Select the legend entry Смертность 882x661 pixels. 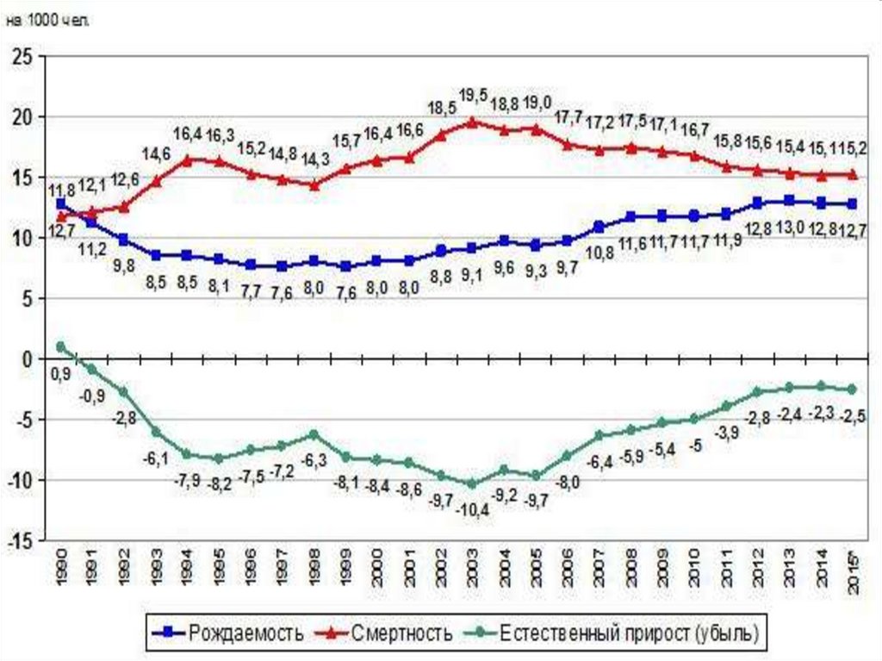(x=401, y=634)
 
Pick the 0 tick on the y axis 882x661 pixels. (x=28, y=359)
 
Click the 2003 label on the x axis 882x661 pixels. (x=471, y=571)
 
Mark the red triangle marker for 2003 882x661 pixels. (x=471, y=122)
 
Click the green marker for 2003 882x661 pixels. (x=471, y=484)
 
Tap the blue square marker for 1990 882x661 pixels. (x=60, y=204)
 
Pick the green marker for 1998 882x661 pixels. (x=314, y=434)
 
